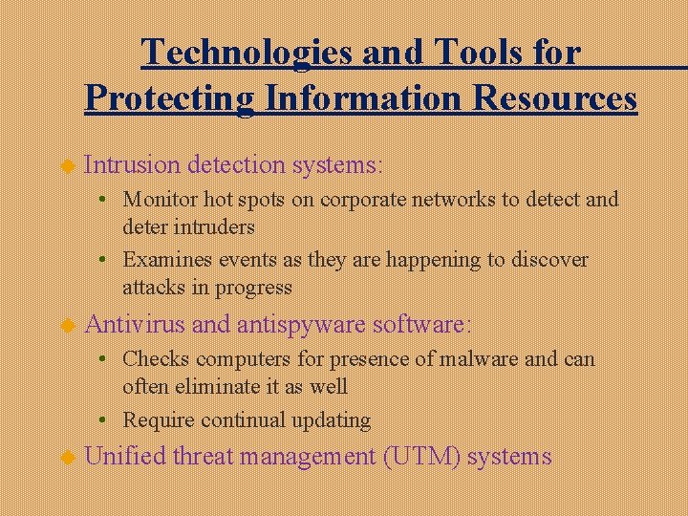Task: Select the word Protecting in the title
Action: [x=168, y=97]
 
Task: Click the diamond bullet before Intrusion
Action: [x=68, y=166]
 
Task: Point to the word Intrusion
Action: [x=132, y=164]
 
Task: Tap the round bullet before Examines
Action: [x=112, y=260]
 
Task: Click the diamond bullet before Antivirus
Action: [x=68, y=326]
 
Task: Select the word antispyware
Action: [x=301, y=325]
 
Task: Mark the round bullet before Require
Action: [x=112, y=420]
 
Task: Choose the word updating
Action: [x=331, y=419]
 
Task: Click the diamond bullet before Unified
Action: [x=68, y=458]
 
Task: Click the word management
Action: [x=308, y=457]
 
